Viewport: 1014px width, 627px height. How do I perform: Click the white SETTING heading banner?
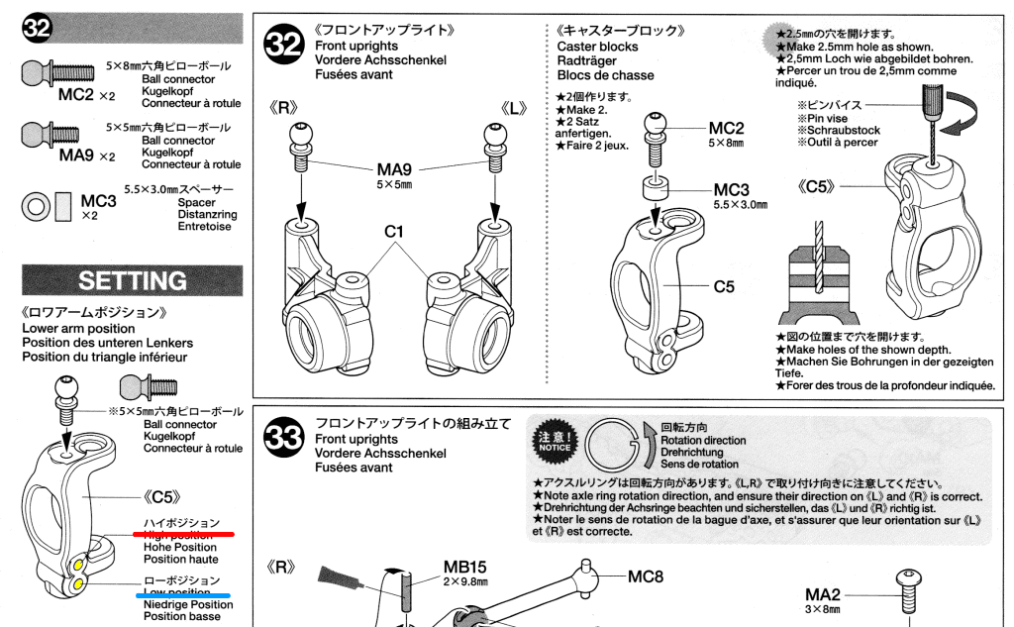[x=132, y=280]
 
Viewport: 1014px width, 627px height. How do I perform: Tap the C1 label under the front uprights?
[x=396, y=232]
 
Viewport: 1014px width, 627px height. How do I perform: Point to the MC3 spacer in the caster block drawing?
[x=653, y=188]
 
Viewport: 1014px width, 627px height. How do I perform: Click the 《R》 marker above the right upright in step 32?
[x=282, y=107]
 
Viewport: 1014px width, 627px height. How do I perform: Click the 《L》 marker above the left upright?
[x=515, y=107]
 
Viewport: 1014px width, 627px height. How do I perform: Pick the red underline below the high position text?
[x=183, y=533]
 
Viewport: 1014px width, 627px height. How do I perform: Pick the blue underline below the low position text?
[x=183, y=595]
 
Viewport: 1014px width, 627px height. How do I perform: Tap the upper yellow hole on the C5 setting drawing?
[x=78, y=566]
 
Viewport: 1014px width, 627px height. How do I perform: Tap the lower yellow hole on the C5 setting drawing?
[x=78, y=584]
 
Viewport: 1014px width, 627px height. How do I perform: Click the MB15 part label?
[x=464, y=568]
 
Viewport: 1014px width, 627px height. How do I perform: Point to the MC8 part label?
[x=645, y=576]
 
